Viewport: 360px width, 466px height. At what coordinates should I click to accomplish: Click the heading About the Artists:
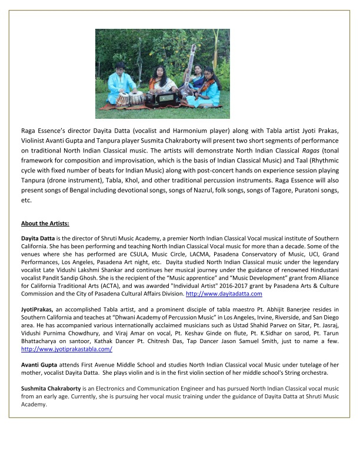tap(45, 223)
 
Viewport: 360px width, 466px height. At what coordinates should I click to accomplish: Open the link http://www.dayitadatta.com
tap(224, 293)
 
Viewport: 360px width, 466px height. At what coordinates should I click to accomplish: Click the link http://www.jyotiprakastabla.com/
tap(66, 349)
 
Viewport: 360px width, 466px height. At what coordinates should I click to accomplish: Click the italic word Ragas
tap(308, 151)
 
